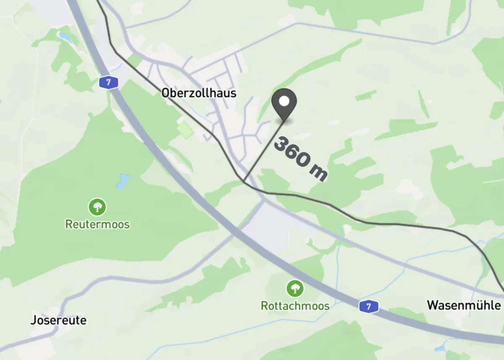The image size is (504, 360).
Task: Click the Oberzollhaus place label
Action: [199, 93]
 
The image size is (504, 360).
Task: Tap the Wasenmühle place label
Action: [464, 305]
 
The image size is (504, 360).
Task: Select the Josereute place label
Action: [58, 320]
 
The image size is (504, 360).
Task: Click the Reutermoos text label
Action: [97, 224]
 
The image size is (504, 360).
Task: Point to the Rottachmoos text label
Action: [295, 305]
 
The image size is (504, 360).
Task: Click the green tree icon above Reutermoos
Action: [97, 207]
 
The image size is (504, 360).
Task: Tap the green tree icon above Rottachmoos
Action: [295, 288]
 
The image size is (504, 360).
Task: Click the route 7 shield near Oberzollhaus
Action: [108, 82]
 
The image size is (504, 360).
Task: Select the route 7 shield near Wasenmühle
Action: [369, 306]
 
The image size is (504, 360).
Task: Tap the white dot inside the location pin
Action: [284, 101]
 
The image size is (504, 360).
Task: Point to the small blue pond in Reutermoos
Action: [123, 182]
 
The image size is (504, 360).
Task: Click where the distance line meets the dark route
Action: [244, 181]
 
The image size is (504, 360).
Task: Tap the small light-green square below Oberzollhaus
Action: [185, 130]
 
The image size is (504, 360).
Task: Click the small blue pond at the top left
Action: [65, 37]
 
